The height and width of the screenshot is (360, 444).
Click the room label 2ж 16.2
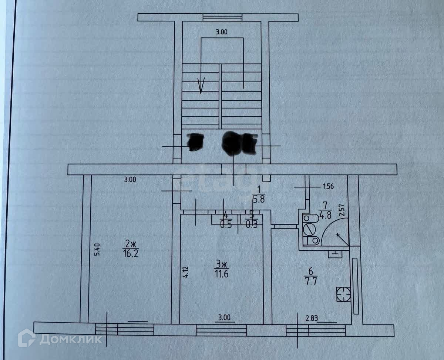click(x=131, y=249)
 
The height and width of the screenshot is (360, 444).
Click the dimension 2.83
click(x=312, y=317)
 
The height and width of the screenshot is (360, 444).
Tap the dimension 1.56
click(x=328, y=186)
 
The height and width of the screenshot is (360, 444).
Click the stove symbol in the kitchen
click(x=343, y=294)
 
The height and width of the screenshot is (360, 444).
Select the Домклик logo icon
click(x=27, y=338)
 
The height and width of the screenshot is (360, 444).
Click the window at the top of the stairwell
click(x=222, y=17)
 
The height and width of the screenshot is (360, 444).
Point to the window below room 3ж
click(x=221, y=329)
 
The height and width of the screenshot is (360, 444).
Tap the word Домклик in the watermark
click(x=70, y=339)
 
